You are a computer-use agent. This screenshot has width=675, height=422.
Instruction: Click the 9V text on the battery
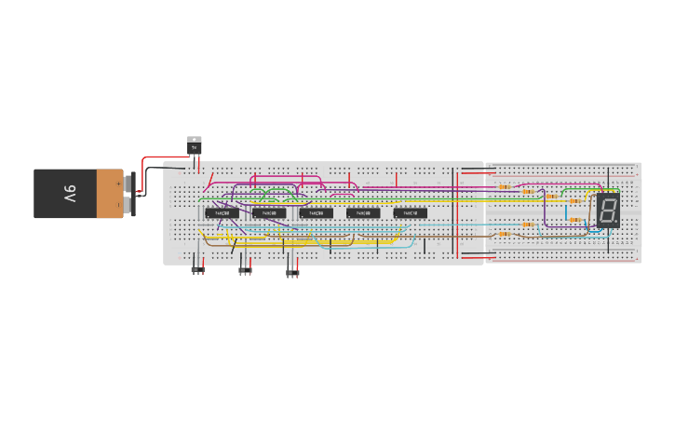(x=71, y=194)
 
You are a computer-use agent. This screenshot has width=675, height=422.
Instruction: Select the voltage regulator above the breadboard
(x=195, y=146)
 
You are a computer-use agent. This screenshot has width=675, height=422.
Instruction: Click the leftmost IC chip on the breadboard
(x=221, y=213)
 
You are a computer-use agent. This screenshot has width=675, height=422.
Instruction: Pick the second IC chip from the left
(x=268, y=213)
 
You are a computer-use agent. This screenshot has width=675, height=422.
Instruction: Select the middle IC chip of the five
(x=316, y=213)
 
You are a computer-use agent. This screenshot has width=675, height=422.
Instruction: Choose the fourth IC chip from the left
(x=363, y=213)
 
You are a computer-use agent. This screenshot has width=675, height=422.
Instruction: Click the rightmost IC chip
(x=410, y=213)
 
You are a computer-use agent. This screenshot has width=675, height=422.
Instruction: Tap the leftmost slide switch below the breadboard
(x=197, y=270)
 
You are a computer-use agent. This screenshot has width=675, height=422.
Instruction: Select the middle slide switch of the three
(x=245, y=270)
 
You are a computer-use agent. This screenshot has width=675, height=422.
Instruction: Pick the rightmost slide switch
(x=292, y=271)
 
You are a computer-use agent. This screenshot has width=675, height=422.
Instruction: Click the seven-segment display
(x=608, y=211)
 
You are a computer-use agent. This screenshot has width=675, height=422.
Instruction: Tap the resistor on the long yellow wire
(x=574, y=201)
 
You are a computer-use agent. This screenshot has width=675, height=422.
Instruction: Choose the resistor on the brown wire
(x=505, y=233)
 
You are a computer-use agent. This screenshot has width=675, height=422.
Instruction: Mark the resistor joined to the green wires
(x=551, y=197)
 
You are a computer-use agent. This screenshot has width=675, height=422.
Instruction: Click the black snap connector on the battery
(x=130, y=194)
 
